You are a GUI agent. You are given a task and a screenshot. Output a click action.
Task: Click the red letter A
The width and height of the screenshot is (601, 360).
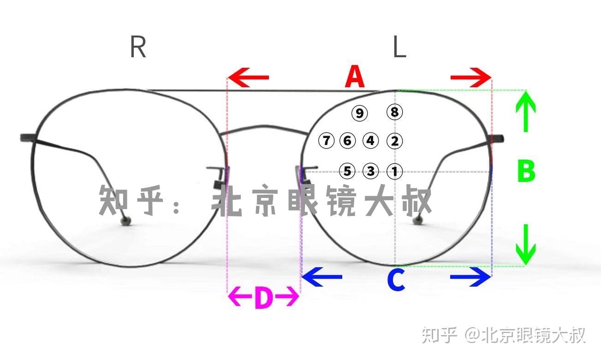[x=355, y=77]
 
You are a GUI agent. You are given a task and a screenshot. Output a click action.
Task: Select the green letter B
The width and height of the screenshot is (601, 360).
[x=526, y=171]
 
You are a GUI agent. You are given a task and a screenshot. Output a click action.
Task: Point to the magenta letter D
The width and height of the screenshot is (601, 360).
[x=263, y=299]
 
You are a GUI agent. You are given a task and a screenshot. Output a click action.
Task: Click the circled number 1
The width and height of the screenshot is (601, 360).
[x=394, y=172]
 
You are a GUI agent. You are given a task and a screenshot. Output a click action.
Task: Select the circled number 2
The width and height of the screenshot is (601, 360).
[x=394, y=141]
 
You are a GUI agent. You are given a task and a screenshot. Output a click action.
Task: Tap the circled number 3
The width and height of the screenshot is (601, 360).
[x=371, y=171]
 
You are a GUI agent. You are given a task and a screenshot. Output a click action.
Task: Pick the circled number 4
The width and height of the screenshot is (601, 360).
[x=370, y=140]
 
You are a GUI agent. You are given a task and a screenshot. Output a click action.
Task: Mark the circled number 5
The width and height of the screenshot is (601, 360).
[x=347, y=172]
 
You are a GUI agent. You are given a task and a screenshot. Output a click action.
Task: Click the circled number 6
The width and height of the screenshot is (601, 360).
[x=347, y=140]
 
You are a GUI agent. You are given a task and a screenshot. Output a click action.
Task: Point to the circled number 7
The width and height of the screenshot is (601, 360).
[x=326, y=140]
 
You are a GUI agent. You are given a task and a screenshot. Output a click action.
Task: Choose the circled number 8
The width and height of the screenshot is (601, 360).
[x=394, y=112]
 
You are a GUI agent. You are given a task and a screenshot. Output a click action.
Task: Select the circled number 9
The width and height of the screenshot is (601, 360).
[x=359, y=113]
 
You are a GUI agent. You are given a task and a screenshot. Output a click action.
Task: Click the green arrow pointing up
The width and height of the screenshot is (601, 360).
[x=525, y=111]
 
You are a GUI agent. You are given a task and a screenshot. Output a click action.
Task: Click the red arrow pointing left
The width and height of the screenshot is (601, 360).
[x=248, y=77]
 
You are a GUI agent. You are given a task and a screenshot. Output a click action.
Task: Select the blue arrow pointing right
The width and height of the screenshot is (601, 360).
[x=471, y=277]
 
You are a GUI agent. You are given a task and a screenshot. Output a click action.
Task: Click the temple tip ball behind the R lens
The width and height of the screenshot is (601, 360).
[x=125, y=221]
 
